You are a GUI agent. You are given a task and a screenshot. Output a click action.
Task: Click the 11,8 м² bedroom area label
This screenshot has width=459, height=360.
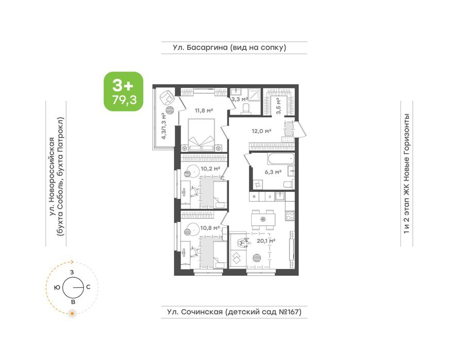click(x=204, y=111)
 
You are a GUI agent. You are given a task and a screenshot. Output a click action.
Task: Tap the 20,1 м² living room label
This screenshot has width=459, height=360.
click(x=266, y=241)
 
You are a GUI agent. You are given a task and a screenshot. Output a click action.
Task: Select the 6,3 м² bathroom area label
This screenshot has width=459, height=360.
click(x=273, y=172)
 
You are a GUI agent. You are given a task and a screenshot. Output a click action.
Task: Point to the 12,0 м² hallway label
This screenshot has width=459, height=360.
click(x=261, y=131)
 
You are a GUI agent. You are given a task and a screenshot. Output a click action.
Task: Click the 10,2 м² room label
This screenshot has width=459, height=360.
click(x=210, y=169)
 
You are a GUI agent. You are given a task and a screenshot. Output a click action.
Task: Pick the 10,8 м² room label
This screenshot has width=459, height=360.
click(x=210, y=228)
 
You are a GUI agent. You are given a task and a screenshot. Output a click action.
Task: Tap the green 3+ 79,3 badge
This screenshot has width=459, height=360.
click(x=123, y=92)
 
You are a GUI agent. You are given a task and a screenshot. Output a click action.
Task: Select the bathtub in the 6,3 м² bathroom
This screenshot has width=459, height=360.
click(x=280, y=159)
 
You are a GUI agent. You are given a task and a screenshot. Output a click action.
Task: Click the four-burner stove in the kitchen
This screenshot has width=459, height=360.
click(x=290, y=216)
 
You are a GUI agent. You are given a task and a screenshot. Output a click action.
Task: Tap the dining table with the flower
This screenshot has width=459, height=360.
click(x=263, y=219)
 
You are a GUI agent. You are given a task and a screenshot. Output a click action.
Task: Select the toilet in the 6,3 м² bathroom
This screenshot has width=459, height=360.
click(x=288, y=185)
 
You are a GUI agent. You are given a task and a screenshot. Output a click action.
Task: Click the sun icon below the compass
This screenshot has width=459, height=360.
click(x=72, y=314)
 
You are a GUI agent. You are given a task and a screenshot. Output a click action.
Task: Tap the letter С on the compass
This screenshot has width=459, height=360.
click(x=88, y=287)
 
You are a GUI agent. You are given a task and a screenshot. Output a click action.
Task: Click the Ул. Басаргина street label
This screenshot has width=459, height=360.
click(x=229, y=47)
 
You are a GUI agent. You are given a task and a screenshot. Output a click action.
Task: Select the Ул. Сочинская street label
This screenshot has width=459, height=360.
click(x=234, y=312)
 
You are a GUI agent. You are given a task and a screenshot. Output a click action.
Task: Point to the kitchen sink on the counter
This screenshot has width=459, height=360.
click(x=280, y=196)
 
